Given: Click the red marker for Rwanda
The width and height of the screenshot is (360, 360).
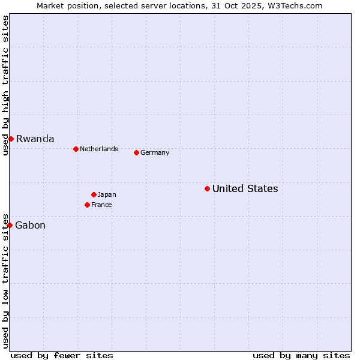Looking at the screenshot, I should pyautogui.click(x=11, y=139).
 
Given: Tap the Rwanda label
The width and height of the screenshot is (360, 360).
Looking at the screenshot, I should pyautogui.click(x=35, y=139).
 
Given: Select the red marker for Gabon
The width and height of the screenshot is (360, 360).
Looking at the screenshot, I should pyautogui.click(x=10, y=225).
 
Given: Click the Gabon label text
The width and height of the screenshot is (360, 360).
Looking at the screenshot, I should pyautogui.click(x=30, y=226).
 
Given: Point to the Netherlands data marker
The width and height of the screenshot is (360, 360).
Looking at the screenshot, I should pyautogui.click(x=76, y=149).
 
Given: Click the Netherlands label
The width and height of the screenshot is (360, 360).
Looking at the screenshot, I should pyautogui.click(x=98, y=149).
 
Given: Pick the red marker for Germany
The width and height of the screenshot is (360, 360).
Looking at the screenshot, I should pyautogui.click(x=136, y=152).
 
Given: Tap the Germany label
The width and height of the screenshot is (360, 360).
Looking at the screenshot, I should pyautogui.click(x=155, y=152).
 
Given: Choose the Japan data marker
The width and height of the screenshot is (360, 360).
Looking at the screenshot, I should pyautogui.click(x=94, y=194).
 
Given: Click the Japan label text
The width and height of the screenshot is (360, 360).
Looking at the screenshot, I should pyautogui.click(x=107, y=194).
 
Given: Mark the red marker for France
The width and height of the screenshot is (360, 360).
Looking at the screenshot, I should pyautogui.click(x=87, y=205).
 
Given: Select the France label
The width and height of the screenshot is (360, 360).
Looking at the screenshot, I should pyautogui.click(x=101, y=205).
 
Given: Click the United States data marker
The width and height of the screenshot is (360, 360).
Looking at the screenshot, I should pyautogui.click(x=207, y=188).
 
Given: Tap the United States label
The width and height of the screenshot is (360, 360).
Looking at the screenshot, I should pyautogui.click(x=245, y=188).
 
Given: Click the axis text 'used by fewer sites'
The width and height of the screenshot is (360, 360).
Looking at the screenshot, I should pyautogui.click(x=62, y=355).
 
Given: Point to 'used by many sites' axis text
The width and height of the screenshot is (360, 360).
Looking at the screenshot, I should pyautogui.click(x=301, y=355).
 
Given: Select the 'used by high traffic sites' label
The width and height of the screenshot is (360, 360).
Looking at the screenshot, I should pyautogui.click(x=5, y=85).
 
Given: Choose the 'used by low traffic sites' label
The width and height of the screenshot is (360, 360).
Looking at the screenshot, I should pyautogui.click(x=5, y=280).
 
